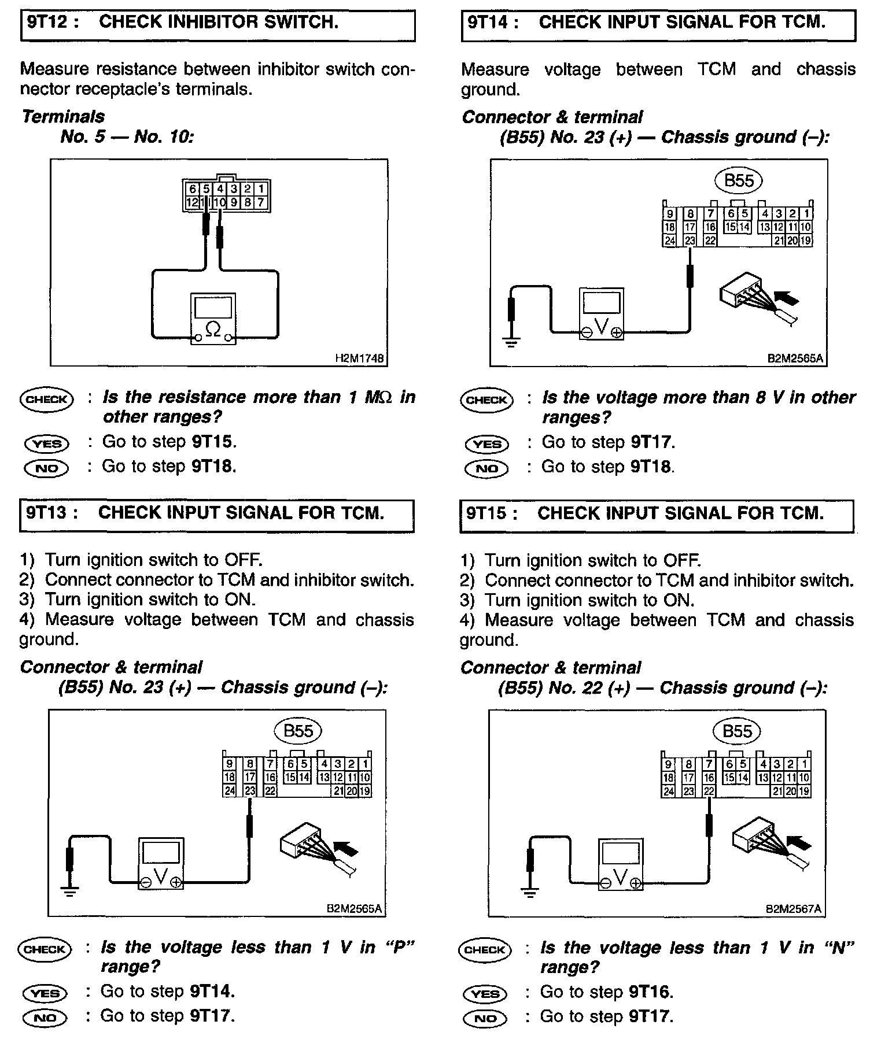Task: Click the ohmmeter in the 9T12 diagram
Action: coord(213,319)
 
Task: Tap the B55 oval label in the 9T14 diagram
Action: coord(739,181)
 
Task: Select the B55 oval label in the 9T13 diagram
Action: coord(298,731)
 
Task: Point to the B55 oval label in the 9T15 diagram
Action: coord(738,731)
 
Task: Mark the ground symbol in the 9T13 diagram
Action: coord(70,891)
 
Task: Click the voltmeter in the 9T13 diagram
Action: coord(161,864)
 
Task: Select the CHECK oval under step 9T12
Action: coord(46,400)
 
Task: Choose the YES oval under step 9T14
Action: coord(486,444)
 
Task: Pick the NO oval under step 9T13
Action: coord(45,1018)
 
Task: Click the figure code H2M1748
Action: coord(359,358)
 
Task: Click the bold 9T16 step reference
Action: coord(650,993)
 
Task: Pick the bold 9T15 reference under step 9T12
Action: coord(212,442)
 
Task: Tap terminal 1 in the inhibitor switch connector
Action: coord(261,189)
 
